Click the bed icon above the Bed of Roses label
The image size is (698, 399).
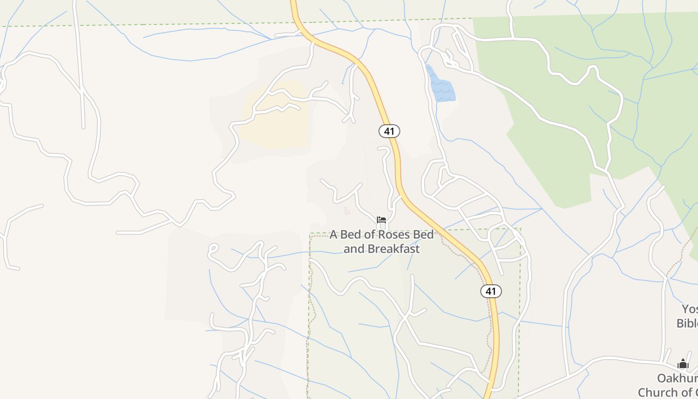click(381, 219)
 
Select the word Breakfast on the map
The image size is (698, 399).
click(396, 248)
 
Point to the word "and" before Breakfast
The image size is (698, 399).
click(353, 248)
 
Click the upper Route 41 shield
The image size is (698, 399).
click(389, 131)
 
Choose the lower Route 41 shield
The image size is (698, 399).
click(491, 291)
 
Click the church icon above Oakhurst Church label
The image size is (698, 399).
click(683, 364)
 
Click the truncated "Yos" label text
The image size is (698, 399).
click(690, 309)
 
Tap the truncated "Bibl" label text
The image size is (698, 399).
click(687, 323)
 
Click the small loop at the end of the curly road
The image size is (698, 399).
click(212, 248)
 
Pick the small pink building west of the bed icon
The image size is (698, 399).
click(347, 211)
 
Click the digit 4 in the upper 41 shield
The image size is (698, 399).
click(387, 131)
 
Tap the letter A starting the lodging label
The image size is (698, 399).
click(334, 234)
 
